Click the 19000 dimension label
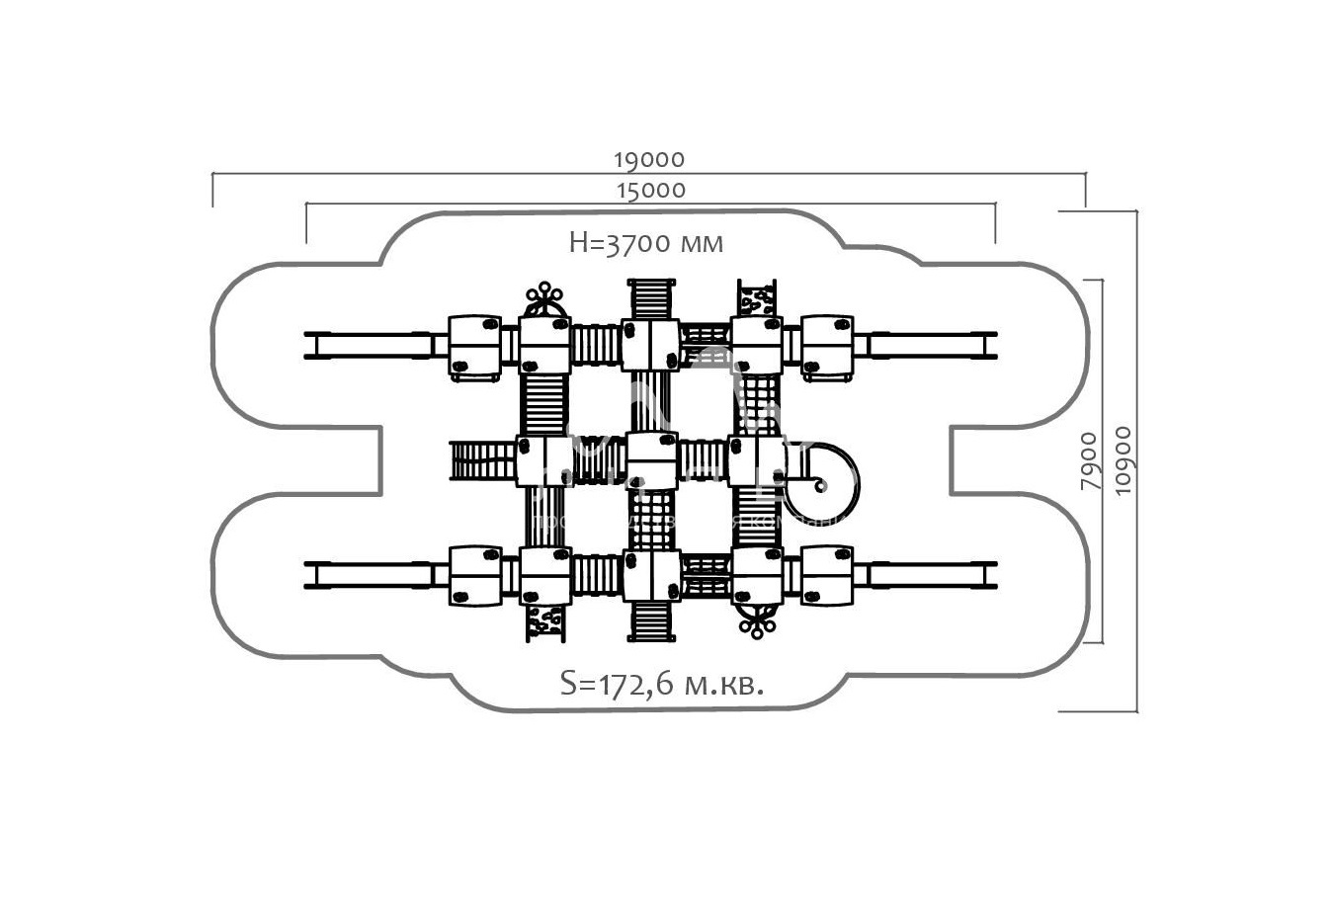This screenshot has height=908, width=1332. tap(648, 159)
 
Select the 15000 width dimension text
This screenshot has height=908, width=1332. tap(650, 190)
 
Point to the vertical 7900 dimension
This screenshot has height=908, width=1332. tap(1088, 461)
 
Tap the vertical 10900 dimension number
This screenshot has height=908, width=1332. tap(1121, 461)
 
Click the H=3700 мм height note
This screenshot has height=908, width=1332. tap(646, 243)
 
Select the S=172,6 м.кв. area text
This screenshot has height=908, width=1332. tap(661, 684)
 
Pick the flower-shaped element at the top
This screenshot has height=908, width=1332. tap(543, 295)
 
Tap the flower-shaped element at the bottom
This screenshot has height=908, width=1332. tap(758, 622)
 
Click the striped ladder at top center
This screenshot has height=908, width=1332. tap(650, 298)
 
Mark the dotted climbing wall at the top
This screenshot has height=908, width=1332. tap(757, 298)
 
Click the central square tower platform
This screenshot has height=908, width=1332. tap(651, 460)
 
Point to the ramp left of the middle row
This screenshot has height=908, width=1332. tap(483, 460)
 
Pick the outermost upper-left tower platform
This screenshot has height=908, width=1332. tap(475, 346)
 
